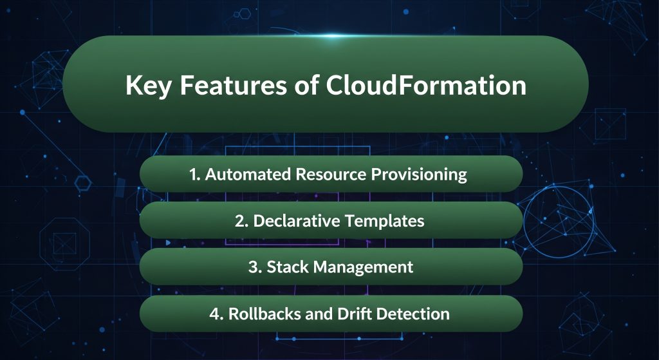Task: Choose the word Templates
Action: point(385,221)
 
